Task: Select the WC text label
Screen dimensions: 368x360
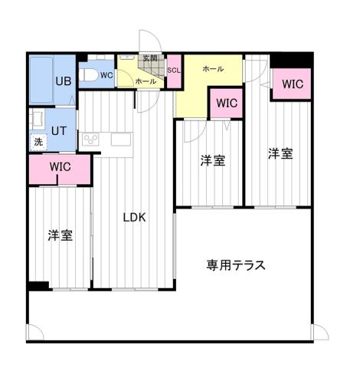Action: [x=106, y=74]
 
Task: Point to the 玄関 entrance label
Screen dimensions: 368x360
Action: [x=149, y=59]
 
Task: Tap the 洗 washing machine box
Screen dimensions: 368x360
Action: [x=38, y=142]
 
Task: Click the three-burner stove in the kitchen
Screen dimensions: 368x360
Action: [x=90, y=140]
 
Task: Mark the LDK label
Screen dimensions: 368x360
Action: [x=135, y=216]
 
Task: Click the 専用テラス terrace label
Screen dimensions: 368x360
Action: [x=236, y=265]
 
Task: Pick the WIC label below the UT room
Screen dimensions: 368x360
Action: [x=61, y=166]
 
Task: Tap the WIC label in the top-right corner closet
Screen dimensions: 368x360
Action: [x=292, y=84]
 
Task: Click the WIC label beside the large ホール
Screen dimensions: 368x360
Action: [x=226, y=102]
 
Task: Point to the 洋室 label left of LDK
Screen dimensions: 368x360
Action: [x=60, y=235]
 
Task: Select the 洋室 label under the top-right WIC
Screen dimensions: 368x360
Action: [x=280, y=153]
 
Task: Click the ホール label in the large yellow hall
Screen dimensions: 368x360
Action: [x=212, y=69]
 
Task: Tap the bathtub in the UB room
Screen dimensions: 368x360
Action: [x=41, y=81]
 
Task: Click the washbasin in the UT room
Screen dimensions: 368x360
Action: [x=35, y=120]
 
